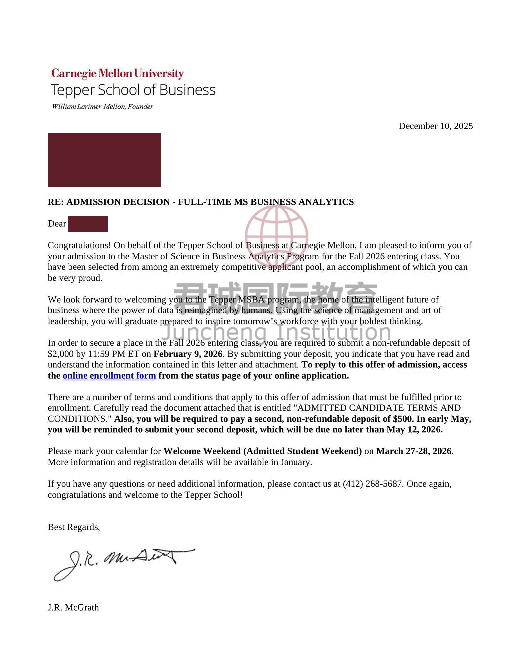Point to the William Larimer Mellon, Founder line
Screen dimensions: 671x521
(x=102, y=107)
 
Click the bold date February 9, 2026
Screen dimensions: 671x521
(x=188, y=354)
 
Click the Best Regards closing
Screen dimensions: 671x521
(x=74, y=527)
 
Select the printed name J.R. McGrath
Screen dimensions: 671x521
(x=73, y=607)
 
